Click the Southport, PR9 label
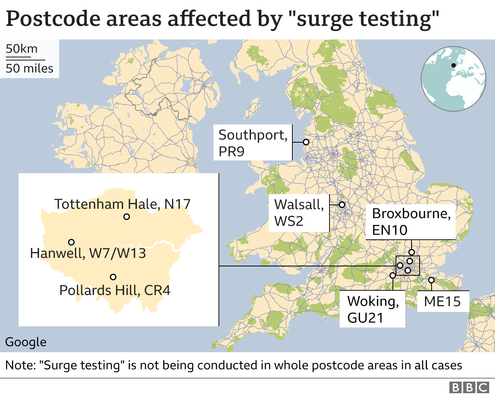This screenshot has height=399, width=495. [x=253, y=143]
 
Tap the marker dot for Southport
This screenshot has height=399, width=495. [x=306, y=142]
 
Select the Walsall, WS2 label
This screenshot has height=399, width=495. [x=299, y=213]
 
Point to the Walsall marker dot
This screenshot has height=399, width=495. [x=342, y=205]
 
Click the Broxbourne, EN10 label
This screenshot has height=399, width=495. [x=411, y=222]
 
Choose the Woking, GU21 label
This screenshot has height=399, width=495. [x=372, y=309]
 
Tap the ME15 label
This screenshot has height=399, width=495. [x=442, y=301]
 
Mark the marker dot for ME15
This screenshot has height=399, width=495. [x=431, y=280]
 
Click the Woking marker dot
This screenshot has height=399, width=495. [x=393, y=275]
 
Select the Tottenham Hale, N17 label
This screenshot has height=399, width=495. [x=122, y=204]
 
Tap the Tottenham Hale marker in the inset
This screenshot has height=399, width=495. [x=126, y=217]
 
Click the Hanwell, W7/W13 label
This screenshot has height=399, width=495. [x=88, y=253]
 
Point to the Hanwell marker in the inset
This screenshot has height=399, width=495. [x=71, y=242]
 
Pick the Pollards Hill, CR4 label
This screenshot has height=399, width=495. [x=114, y=290]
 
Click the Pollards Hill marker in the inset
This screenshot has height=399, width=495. [x=113, y=277]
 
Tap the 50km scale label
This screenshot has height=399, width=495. [x=22, y=49]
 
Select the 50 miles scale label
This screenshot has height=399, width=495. [x=29, y=68]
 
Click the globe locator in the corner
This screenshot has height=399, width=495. [x=453, y=78]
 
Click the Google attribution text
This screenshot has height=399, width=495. [x=26, y=342]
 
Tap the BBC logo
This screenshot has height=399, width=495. [x=469, y=387]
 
